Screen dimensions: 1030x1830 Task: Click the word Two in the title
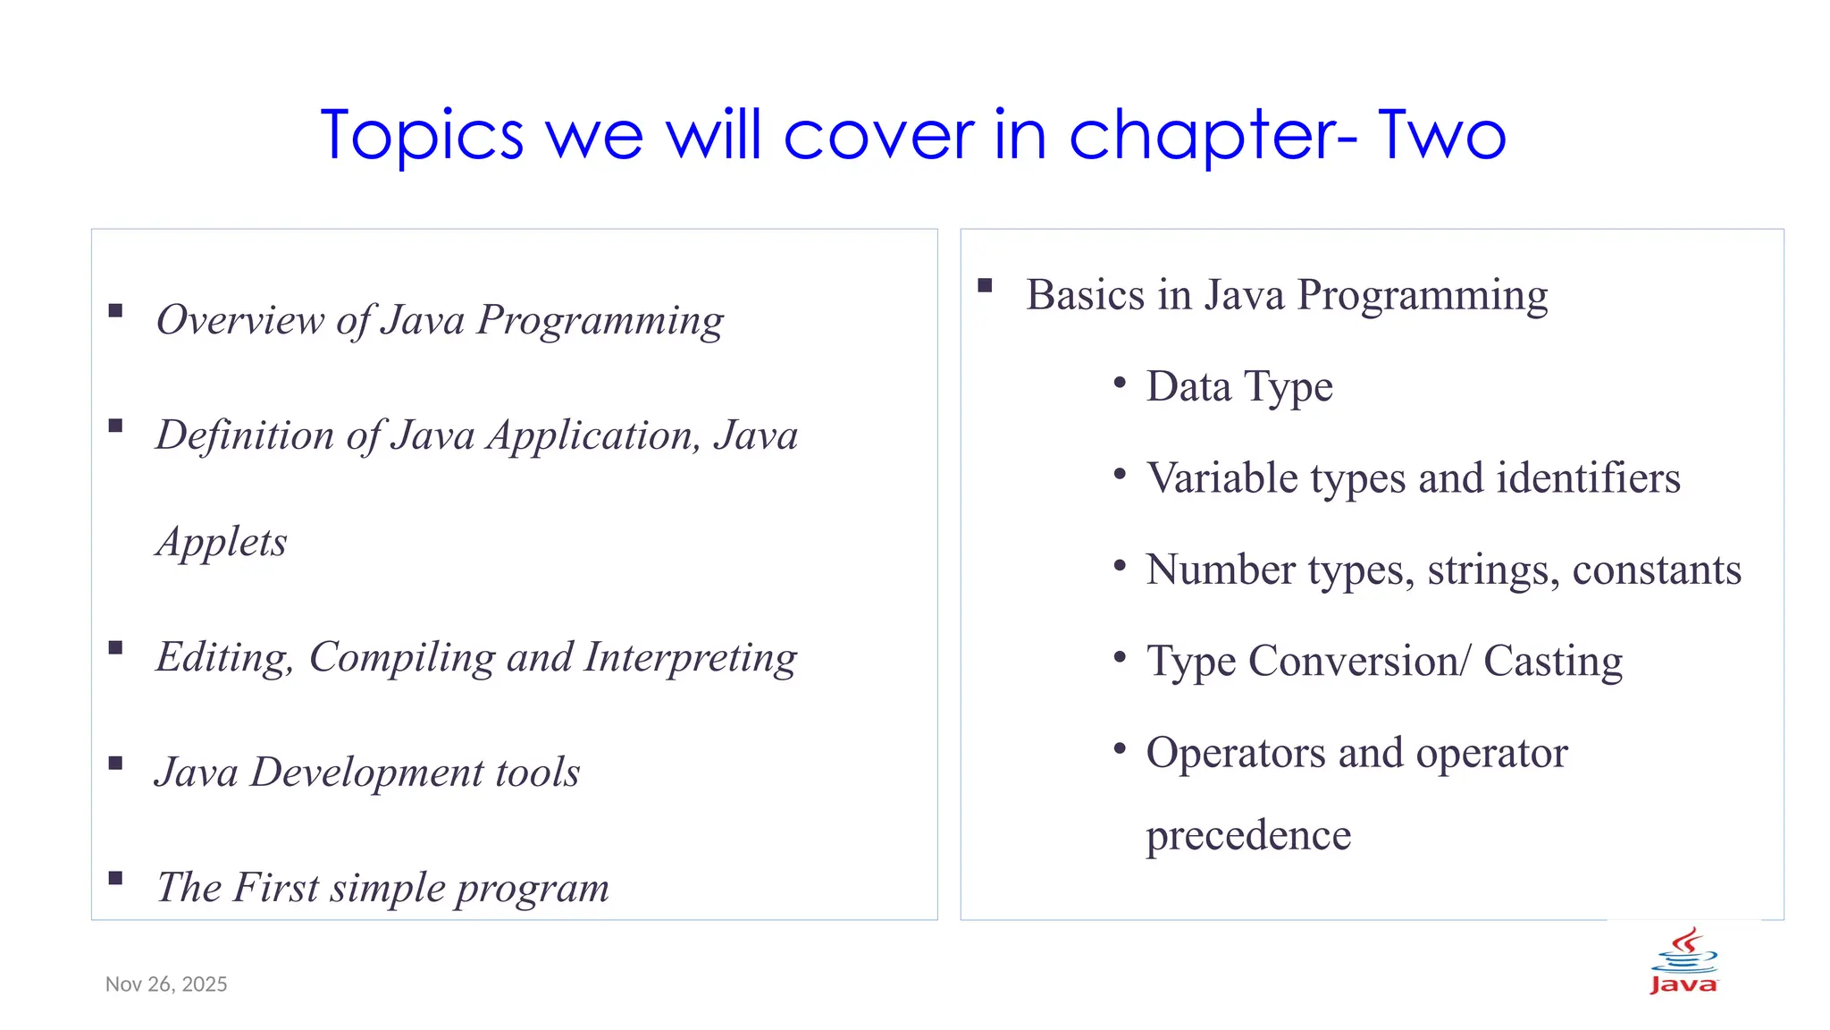point(1441,135)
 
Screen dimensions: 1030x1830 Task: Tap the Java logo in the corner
point(1683,962)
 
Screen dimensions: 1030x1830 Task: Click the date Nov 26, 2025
point(166,984)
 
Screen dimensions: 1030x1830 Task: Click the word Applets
point(222,543)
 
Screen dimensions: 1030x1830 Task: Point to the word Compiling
point(402,659)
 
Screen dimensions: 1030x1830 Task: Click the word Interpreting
point(690,659)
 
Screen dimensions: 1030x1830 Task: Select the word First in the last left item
point(277,888)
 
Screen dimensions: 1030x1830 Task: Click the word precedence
point(1248,836)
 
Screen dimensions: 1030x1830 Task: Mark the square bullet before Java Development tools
point(115,763)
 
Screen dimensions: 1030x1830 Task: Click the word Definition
point(245,435)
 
